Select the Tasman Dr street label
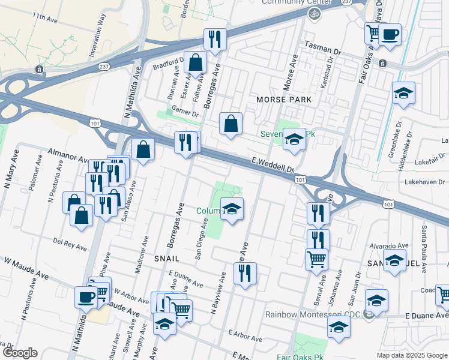click(322, 47)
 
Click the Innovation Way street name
click(97, 41)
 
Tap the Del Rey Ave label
click(71, 244)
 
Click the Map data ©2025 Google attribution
click(412, 355)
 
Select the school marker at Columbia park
click(232, 209)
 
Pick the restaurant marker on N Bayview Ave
click(244, 274)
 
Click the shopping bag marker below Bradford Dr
click(195, 62)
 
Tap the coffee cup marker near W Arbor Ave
click(86, 296)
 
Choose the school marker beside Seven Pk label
click(294, 139)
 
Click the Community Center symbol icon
click(312, 13)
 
